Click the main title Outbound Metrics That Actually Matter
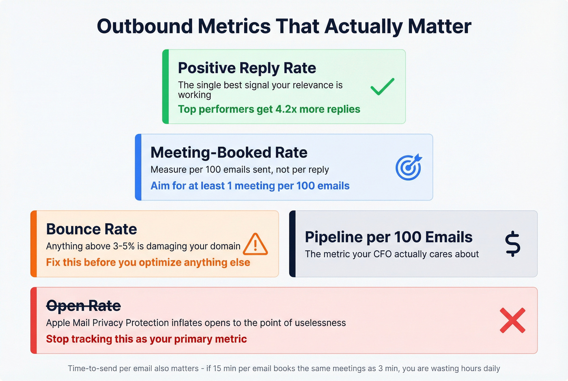point(284,26)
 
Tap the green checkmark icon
point(382,86)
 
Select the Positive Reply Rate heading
point(247,68)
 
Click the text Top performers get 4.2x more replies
point(269,109)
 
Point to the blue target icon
point(409,167)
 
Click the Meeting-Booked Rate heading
point(229,153)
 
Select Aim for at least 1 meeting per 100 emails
point(250,186)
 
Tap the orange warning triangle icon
point(255,244)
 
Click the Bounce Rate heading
point(91,229)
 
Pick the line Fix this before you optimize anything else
point(148,263)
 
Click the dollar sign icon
point(512,244)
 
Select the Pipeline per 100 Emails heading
point(388,237)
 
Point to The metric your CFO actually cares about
point(392,254)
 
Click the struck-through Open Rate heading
point(84,306)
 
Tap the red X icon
point(512,321)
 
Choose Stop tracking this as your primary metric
point(146,339)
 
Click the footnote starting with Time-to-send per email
point(284,368)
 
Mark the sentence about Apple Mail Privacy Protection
point(196,323)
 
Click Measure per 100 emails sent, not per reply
point(239,170)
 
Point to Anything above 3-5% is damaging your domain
point(143,246)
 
